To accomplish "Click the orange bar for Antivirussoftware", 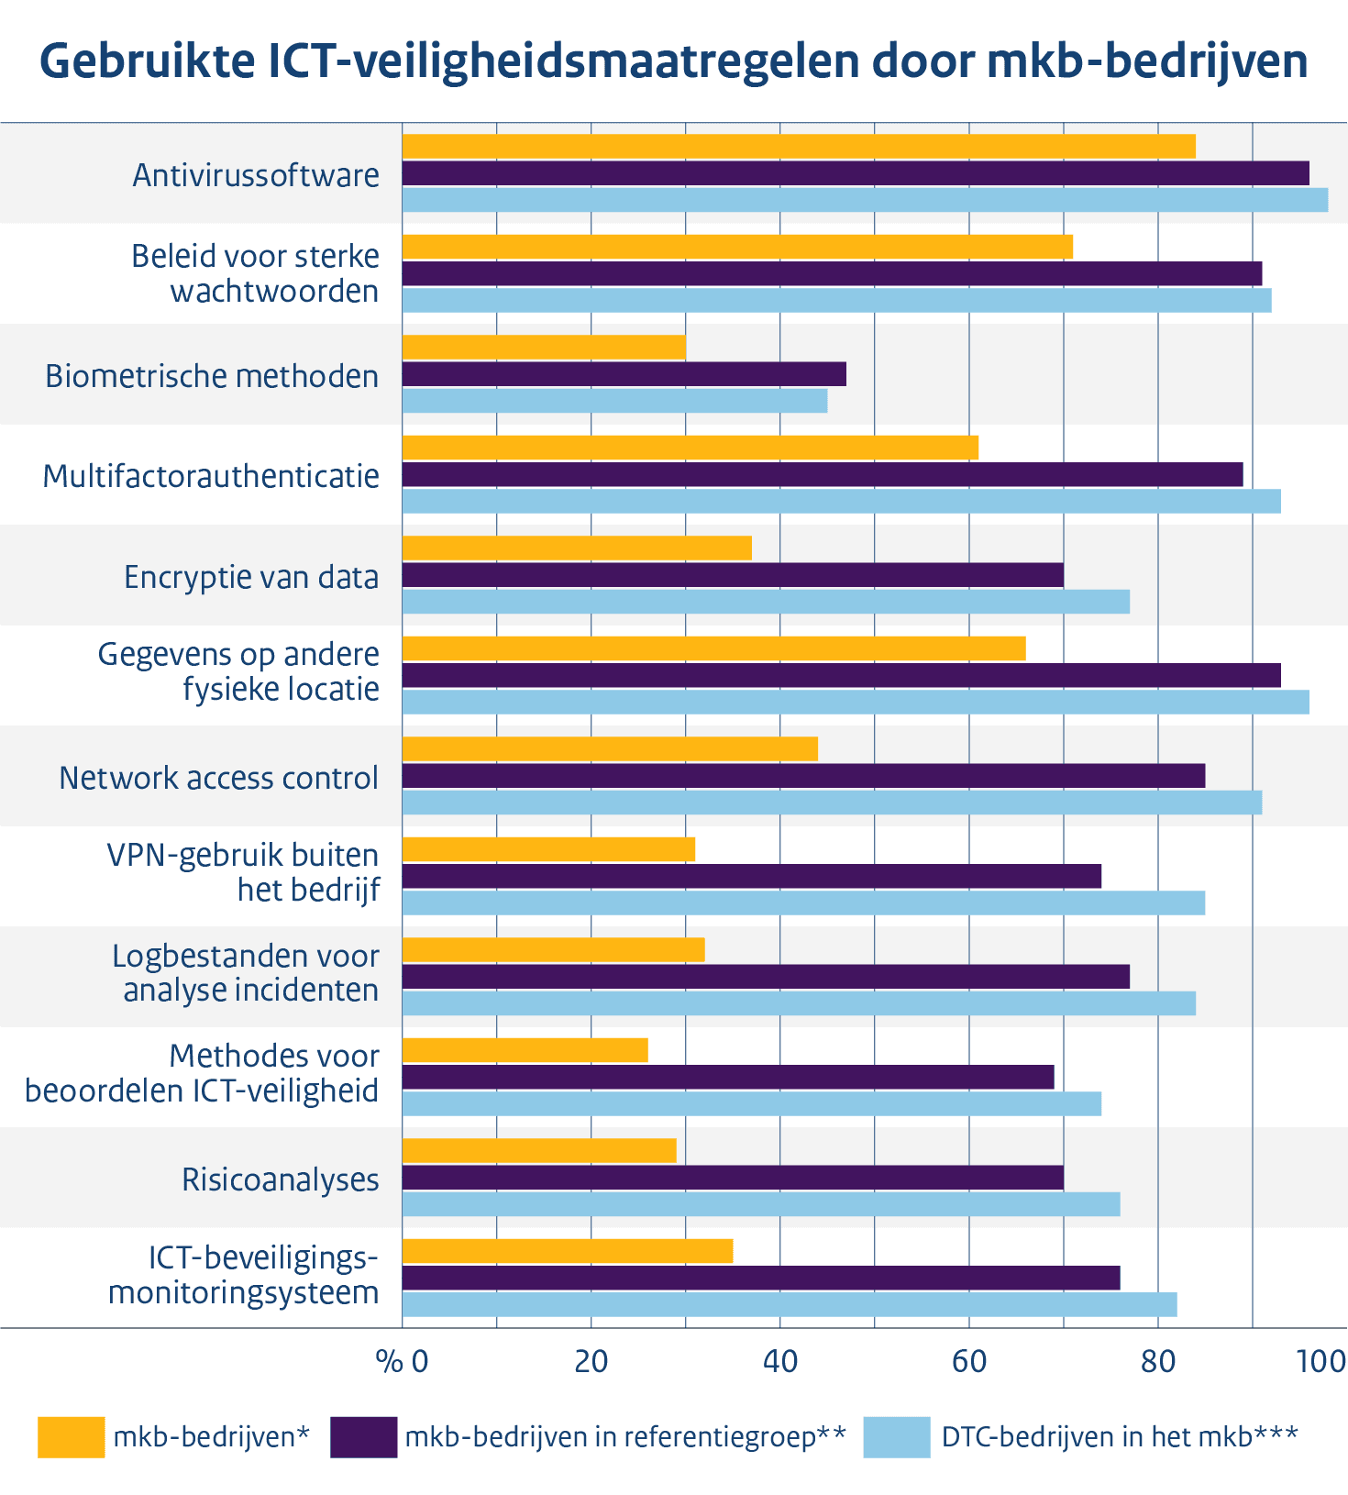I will coord(798,147).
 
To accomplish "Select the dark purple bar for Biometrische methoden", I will coord(624,374).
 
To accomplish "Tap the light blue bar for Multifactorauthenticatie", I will coord(841,501).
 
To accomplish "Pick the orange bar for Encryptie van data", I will coord(577,548).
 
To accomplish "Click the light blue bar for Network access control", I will coord(832,803).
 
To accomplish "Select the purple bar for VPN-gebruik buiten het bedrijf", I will coord(751,877).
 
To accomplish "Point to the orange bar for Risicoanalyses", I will coord(539,1151).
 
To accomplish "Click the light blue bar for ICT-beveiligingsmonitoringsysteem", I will coord(789,1304).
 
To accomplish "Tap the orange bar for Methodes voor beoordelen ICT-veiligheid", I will coord(525,1050).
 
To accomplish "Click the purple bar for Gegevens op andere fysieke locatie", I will coord(841,675).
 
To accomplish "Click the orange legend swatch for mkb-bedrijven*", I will coord(71,1437).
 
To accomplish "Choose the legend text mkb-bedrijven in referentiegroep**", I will coord(624,1437).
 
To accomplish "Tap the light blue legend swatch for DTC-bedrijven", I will coord(896,1437).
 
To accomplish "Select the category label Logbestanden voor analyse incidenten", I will coord(246,973).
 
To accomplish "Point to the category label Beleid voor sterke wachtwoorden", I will coord(256,273).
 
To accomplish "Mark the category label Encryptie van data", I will coord(251,578).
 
